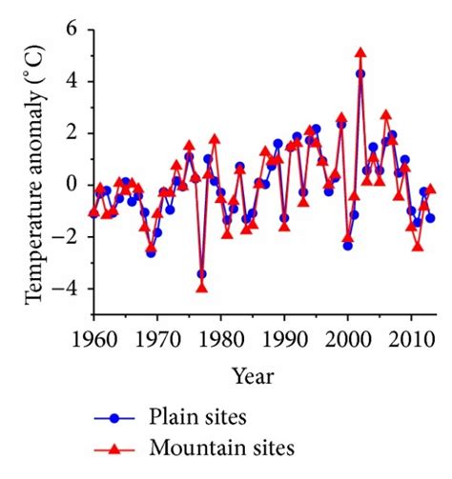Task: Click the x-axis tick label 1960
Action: (93, 339)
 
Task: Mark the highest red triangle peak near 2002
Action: (360, 53)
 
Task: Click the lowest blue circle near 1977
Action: (201, 274)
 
